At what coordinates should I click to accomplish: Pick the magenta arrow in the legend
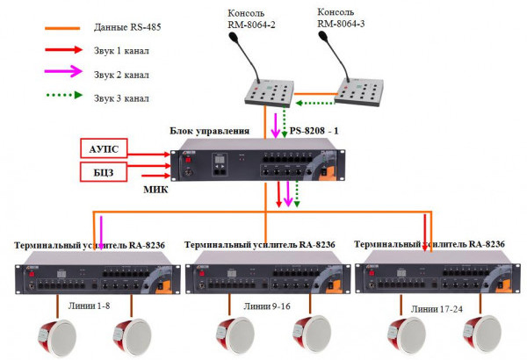point(65,74)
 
